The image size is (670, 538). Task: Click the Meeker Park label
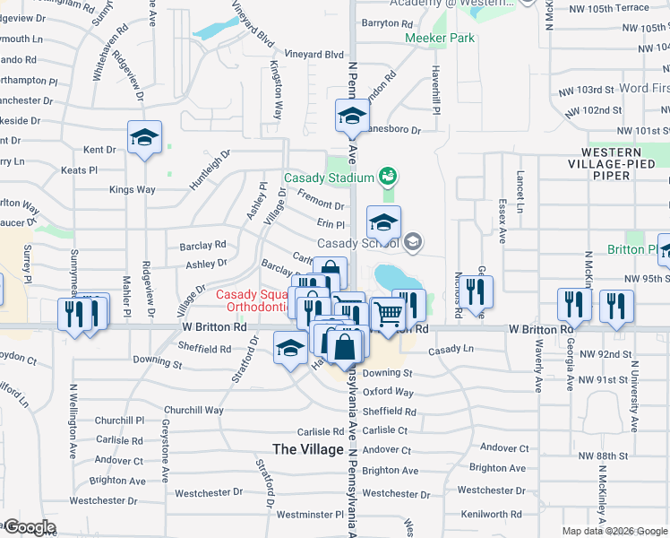pyautogui.click(x=440, y=39)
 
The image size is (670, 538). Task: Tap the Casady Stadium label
pyautogui.click(x=328, y=177)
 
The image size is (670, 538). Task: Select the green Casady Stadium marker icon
pyautogui.click(x=388, y=175)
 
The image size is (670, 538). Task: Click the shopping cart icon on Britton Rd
pyautogui.click(x=388, y=314)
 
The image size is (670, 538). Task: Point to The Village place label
pyautogui.click(x=307, y=449)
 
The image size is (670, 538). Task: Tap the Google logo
pyautogui.click(x=30, y=527)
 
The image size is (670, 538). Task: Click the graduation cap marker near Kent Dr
pyautogui.click(x=144, y=137)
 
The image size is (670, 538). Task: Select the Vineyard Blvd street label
pyautogui.click(x=314, y=55)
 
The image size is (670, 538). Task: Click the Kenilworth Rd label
pyautogui.click(x=491, y=515)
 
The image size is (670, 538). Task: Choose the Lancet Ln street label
pyautogui.click(x=520, y=188)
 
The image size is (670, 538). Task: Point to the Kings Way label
pyautogui.click(x=133, y=190)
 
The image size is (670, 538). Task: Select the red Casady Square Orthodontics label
pyautogui.click(x=253, y=300)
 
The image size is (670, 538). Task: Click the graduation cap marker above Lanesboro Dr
pyautogui.click(x=352, y=115)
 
